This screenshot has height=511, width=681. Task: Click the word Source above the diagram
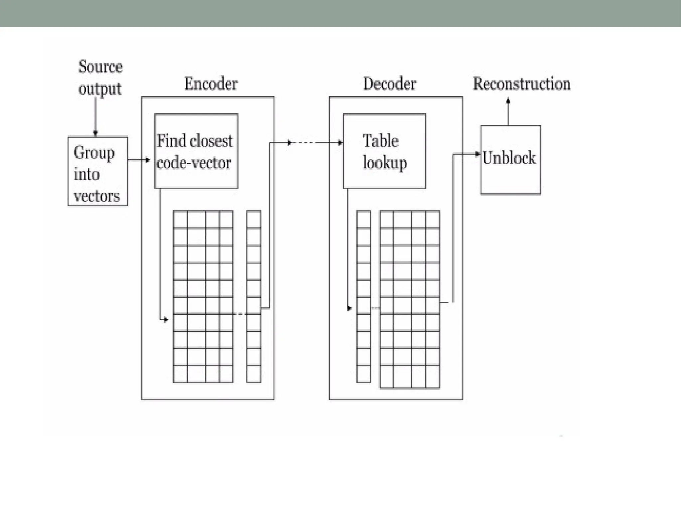100,67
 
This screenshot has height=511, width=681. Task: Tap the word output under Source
99,89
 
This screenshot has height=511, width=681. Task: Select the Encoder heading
211,84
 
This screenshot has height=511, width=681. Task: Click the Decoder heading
389,84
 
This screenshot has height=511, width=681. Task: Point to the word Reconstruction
521,84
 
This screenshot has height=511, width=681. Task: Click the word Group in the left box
94,153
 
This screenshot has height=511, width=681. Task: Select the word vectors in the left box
96,196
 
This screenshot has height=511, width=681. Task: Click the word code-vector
194,163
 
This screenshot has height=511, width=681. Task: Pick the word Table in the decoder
380,141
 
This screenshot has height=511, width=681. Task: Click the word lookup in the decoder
384,163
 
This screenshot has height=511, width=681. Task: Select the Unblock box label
509,158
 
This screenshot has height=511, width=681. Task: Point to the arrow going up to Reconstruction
508,111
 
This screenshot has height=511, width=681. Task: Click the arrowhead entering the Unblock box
478,154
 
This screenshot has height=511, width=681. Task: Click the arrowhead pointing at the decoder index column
349,308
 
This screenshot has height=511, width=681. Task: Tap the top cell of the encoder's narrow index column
253,219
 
